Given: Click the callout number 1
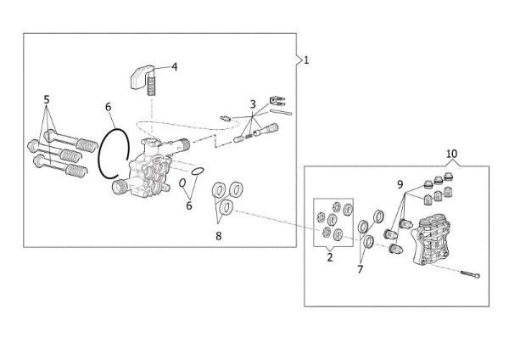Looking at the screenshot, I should (306, 60).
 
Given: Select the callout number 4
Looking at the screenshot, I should (174, 65).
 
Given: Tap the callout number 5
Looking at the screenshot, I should (47, 99).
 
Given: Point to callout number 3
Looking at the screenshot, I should (252, 104).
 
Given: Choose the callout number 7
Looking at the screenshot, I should (360, 270).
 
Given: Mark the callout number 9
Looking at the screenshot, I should (399, 184).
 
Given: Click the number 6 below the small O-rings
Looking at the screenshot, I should (188, 205).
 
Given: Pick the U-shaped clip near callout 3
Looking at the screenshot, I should (276, 102).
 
